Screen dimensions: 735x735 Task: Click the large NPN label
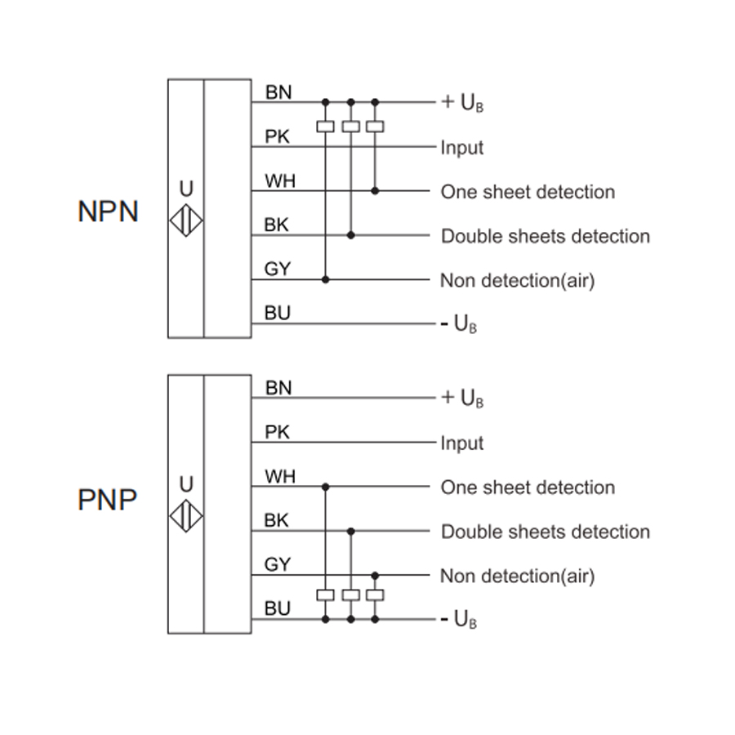[108, 212]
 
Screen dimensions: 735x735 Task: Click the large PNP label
[107, 500]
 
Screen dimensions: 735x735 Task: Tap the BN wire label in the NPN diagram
[278, 92]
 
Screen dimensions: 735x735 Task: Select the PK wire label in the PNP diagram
[277, 432]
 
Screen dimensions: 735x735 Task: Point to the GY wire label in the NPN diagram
[278, 269]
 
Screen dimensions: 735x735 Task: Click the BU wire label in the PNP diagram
[278, 608]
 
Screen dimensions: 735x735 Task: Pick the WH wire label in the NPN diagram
[280, 181]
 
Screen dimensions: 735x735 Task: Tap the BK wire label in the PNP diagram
[276, 520]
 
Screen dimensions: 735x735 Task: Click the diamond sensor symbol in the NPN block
[186, 220]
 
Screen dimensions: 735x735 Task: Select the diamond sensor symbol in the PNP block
[186, 516]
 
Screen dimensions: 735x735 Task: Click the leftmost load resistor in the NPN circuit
[325, 127]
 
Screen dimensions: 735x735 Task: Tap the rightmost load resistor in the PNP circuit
[375, 595]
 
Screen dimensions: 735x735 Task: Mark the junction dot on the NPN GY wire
[325, 280]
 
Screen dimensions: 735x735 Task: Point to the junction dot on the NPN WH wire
[375, 191]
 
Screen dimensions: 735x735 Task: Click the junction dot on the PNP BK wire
[350, 532]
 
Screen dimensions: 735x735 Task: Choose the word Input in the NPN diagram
[461, 148]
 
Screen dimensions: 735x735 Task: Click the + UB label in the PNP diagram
[462, 399]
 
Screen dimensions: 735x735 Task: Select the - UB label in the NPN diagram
[459, 324]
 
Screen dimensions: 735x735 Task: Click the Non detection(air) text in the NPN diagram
[518, 281]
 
